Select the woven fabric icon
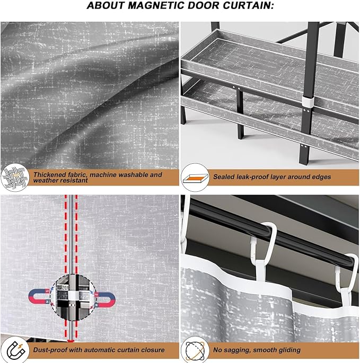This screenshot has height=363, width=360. (x=15, y=178)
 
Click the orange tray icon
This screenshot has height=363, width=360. (x=195, y=178)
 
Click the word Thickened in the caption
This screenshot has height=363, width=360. (x=49, y=174)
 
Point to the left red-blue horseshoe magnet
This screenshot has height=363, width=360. (x=39, y=297)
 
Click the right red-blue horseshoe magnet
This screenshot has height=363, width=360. (x=105, y=300)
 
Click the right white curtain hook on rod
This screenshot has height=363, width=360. (x=346, y=276)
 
